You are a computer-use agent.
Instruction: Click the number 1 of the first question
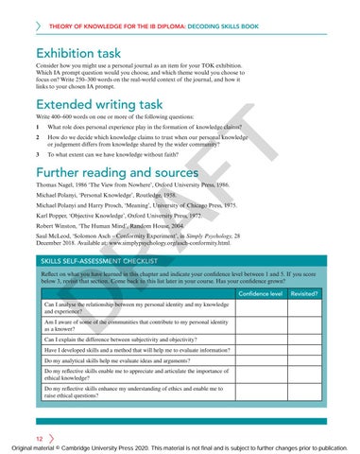click(x=37, y=125)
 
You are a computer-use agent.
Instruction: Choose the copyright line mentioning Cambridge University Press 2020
click(x=180, y=446)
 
